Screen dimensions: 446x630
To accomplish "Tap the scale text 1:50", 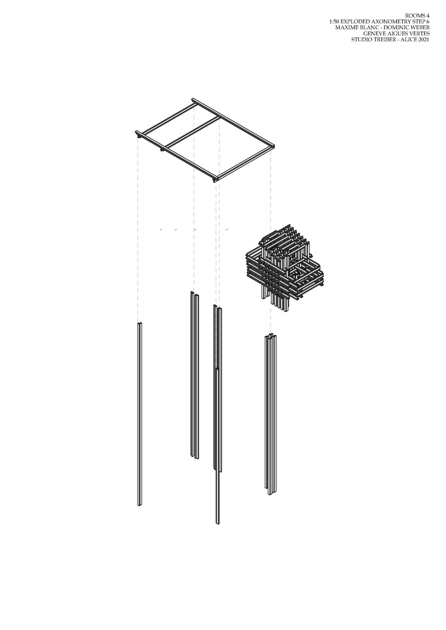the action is pyautogui.click(x=334, y=21).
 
